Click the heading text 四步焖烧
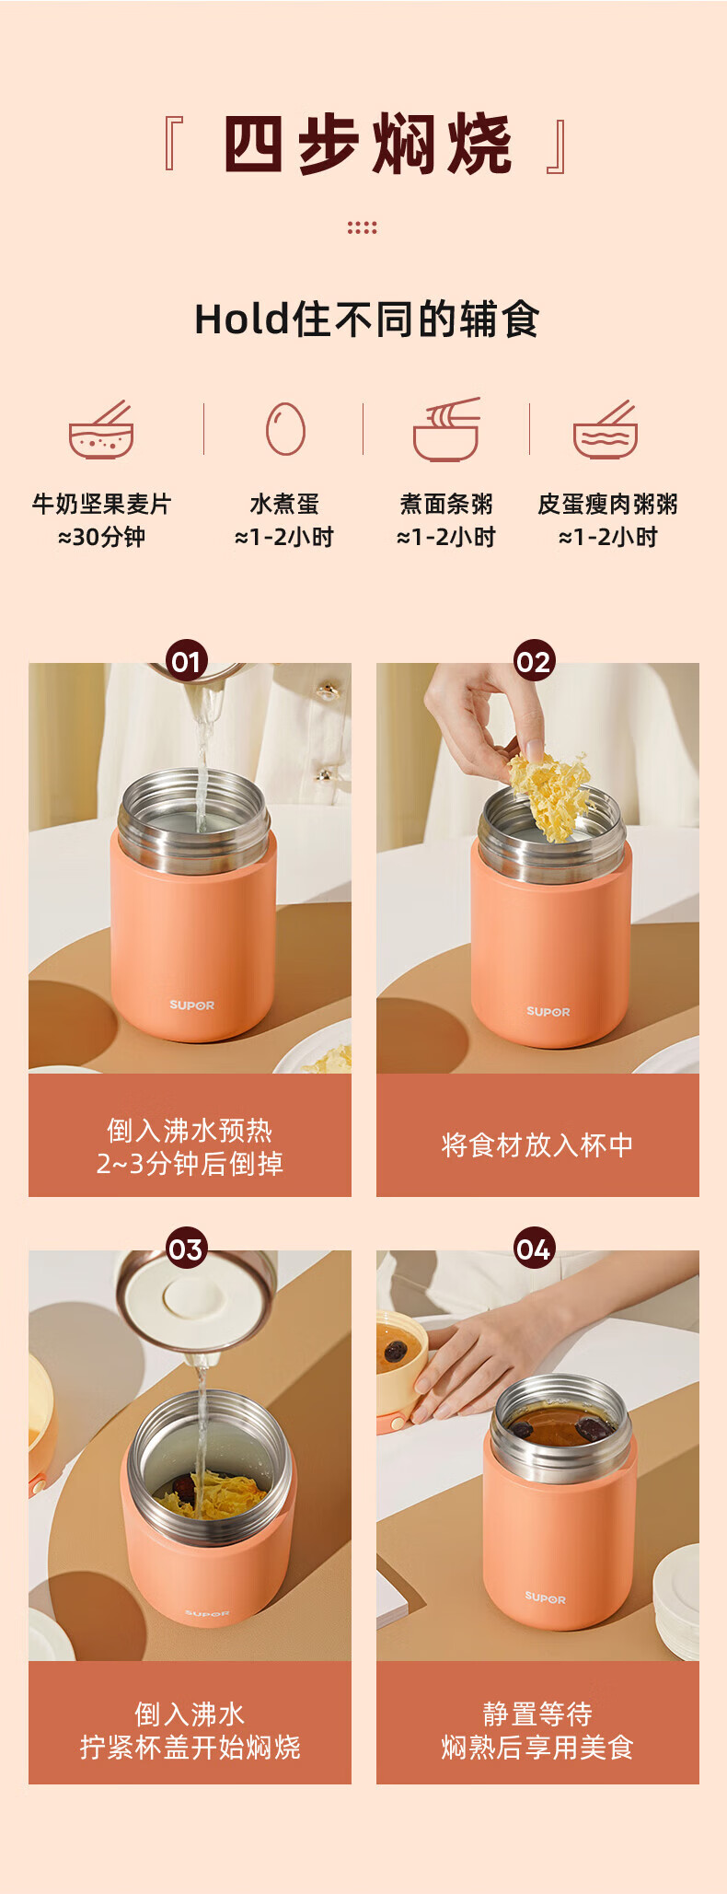pos(367,145)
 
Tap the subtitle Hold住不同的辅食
pos(366,320)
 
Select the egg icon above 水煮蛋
pos(285,428)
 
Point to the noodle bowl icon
pos(447,429)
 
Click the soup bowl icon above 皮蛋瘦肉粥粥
pos(606,429)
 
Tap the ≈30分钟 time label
pos(101,537)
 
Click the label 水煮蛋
pos(284,504)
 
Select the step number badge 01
pos(187,660)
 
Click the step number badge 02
pos(534,660)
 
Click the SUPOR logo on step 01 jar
pos(191,1005)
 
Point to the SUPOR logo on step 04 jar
pos(546,1598)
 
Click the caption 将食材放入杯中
pos(537,1145)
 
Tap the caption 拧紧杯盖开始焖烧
pos(190,1747)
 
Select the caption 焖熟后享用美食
pos(537,1747)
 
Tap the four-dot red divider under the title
pos(363,227)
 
